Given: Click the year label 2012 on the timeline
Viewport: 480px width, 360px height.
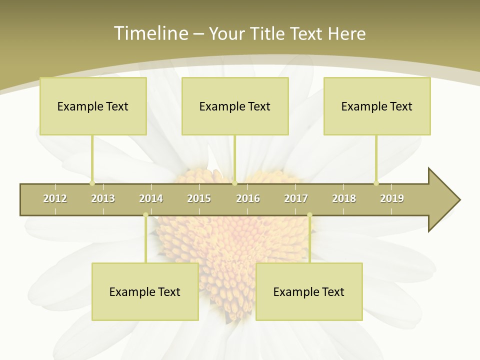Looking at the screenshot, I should point(55,198).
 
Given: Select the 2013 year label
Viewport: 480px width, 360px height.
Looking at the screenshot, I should point(103,198).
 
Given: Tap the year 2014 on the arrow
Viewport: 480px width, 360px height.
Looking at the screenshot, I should point(151,198).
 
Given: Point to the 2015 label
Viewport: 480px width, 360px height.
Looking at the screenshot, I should point(199,198).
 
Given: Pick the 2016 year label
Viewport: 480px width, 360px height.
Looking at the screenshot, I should point(248,198).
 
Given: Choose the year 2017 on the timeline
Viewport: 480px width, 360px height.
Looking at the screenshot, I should point(296,198).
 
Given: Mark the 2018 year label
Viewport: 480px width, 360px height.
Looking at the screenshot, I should point(344,198).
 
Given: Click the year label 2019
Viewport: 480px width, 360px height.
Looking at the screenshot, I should point(392,198).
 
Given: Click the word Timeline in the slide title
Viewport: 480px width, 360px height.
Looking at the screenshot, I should point(150,33).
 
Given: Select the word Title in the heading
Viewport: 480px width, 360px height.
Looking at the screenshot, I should point(268,33).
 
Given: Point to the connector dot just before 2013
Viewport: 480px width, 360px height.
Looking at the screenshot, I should point(92,183).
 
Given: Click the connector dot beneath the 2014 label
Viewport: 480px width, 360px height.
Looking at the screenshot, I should point(145,215).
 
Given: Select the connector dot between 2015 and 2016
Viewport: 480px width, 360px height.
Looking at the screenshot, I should point(234,183).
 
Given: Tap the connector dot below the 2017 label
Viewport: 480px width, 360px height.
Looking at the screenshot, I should point(309,215).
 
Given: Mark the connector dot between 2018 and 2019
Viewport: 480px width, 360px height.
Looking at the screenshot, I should point(376,183).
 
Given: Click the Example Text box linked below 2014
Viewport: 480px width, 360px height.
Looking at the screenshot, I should point(145,291).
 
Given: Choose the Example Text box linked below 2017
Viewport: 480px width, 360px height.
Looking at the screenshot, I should point(309,291).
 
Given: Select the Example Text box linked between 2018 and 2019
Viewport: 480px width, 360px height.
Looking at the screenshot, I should point(377,106).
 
